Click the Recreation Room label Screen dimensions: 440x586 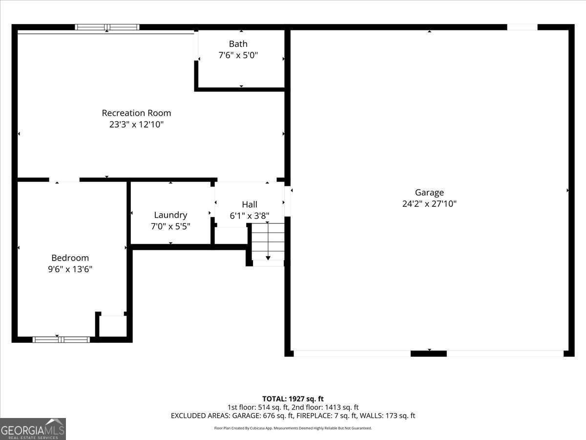(136, 113)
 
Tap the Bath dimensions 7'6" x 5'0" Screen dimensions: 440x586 (238, 55)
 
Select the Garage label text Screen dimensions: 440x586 (429, 193)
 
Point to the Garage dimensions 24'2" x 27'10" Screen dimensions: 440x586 (429, 204)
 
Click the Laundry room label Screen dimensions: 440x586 (170, 215)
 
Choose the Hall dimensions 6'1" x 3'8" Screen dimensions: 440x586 (250, 216)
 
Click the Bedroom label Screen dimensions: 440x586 (70, 258)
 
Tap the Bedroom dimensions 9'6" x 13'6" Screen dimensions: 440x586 (70, 269)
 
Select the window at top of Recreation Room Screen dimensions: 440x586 (107, 27)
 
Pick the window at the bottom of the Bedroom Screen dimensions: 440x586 (61, 339)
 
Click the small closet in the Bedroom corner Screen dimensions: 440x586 (112, 326)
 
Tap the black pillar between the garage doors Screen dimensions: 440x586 (428, 353)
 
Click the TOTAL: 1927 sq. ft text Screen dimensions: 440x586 (293, 399)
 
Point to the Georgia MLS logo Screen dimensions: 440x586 (33, 429)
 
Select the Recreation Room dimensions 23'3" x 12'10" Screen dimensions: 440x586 (136, 125)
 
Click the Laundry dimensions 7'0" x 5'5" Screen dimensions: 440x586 (170, 226)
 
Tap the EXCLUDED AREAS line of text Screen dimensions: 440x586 (293, 416)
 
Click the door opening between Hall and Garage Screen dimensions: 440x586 (288, 201)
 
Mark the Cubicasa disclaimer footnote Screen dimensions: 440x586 (293, 428)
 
